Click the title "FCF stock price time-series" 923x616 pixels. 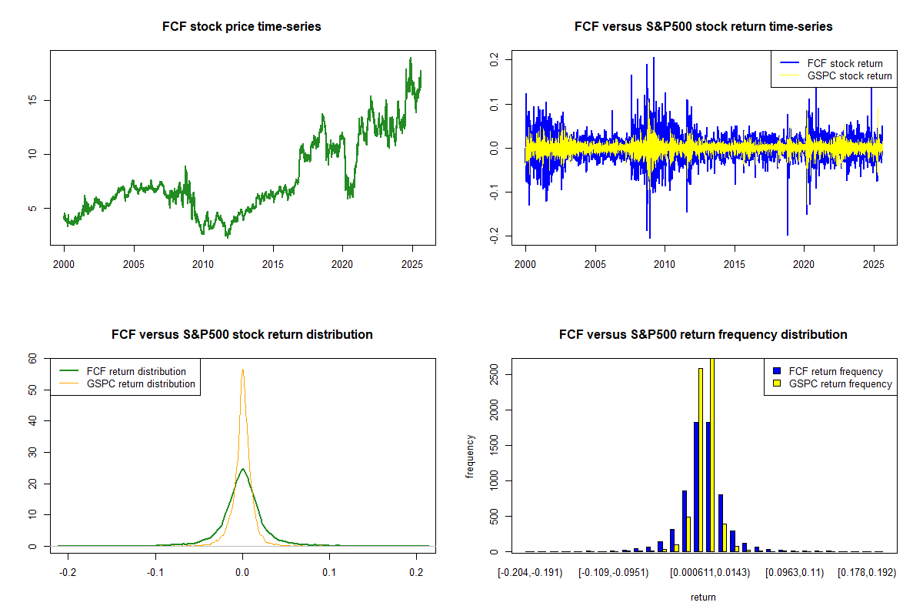coord(242,27)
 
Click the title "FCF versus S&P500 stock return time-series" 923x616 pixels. coord(703,27)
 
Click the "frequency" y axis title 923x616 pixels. coord(470,456)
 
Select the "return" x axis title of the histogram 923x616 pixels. coord(703,597)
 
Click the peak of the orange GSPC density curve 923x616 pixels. coord(243,369)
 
